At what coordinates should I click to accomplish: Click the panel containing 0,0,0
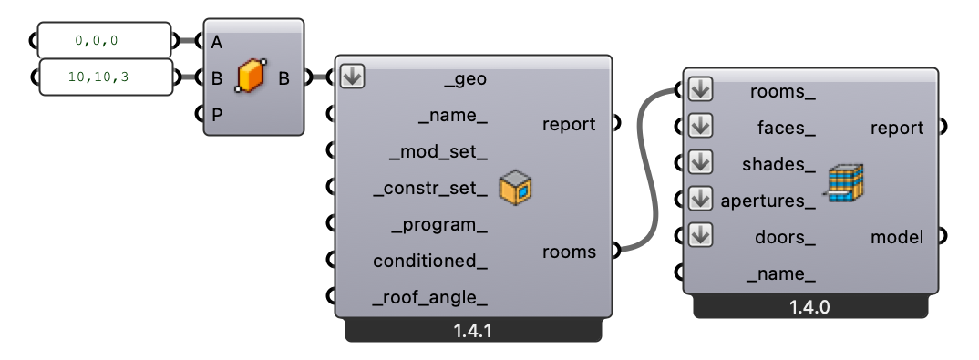(103, 41)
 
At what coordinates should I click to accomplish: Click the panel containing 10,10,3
(103, 77)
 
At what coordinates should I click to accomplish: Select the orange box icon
(250, 77)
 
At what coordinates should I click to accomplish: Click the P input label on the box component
(216, 115)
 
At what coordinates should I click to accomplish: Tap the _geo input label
(465, 79)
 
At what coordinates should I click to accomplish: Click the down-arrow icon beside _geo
(353, 77)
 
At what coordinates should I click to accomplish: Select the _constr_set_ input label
(430, 189)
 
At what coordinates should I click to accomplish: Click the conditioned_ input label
(430, 262)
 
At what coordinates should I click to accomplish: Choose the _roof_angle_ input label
(430, 298)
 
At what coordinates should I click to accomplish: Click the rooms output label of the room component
(570, 252)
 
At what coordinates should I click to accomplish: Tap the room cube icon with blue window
(516, 188)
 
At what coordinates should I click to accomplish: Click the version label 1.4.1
(472, 331)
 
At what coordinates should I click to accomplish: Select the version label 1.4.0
(809, 308)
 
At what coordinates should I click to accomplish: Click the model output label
(897, 237)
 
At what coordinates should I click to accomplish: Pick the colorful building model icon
(846, 182)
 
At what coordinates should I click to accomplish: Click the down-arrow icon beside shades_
(700, 162)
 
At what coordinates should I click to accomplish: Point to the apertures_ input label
(768, 201)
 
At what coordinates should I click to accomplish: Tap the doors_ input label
(784, 237)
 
